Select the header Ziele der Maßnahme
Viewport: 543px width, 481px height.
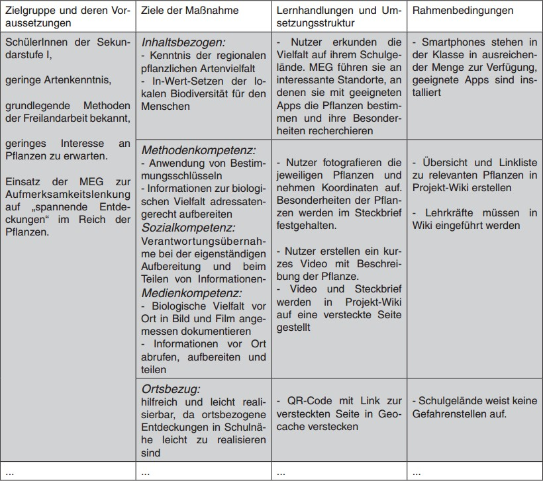pyautogui.click(x=190, y=11)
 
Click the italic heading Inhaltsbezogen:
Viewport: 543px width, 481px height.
pyautogui.click(x=183, y=42)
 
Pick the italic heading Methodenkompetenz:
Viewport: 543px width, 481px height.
pyautogui.click(x=198, y=150)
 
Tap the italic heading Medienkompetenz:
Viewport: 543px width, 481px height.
pyautogui.click(x=192, y=292)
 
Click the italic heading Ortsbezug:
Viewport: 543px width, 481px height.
pyautogui.click(x=171, y=388)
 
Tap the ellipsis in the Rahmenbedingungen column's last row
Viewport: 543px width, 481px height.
pyautogui.click(x=416, y=472)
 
